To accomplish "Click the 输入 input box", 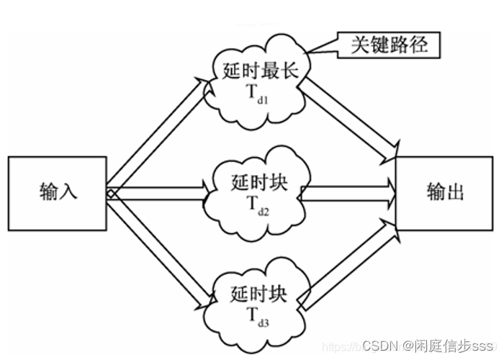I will (58, 192).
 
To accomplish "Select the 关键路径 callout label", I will (390, 45).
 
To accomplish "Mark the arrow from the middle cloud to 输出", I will (349, 192).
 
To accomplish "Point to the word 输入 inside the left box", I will (58, 192).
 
